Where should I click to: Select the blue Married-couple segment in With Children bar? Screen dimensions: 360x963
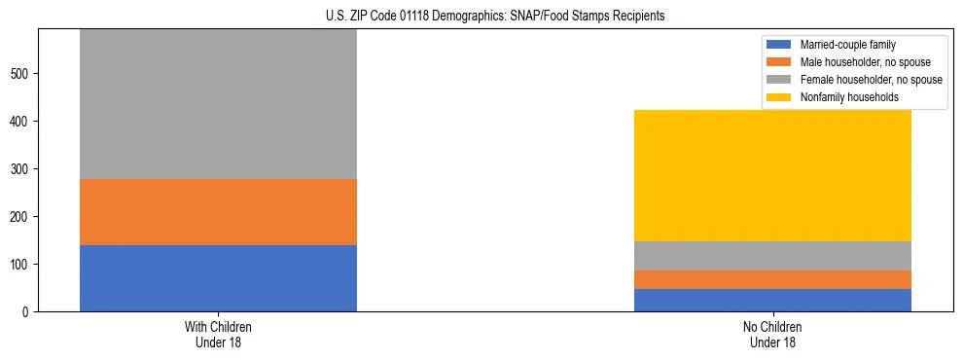click(218, 278)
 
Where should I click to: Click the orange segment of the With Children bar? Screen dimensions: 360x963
click(218, 212)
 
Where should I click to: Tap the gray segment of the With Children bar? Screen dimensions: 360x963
click(218, 104)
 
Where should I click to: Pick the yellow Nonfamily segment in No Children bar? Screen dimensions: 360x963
click(772, 175)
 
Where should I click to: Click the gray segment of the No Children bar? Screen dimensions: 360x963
click(772, 256)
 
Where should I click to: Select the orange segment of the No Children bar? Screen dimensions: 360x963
click(772, 280)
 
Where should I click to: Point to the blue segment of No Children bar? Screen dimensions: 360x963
click(772, 301)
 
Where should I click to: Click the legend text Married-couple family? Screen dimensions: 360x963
click(848, 45)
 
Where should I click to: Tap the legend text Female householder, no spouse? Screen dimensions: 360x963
click(871, 80)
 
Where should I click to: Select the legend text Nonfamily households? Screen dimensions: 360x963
click(848, 97)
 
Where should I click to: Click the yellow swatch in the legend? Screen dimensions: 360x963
click(780, 97)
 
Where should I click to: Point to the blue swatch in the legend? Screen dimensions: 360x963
click(780, 45)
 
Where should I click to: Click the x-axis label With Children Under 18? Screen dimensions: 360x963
click(218, 335)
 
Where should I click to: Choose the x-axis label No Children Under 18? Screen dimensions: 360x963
click(772, 335)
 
